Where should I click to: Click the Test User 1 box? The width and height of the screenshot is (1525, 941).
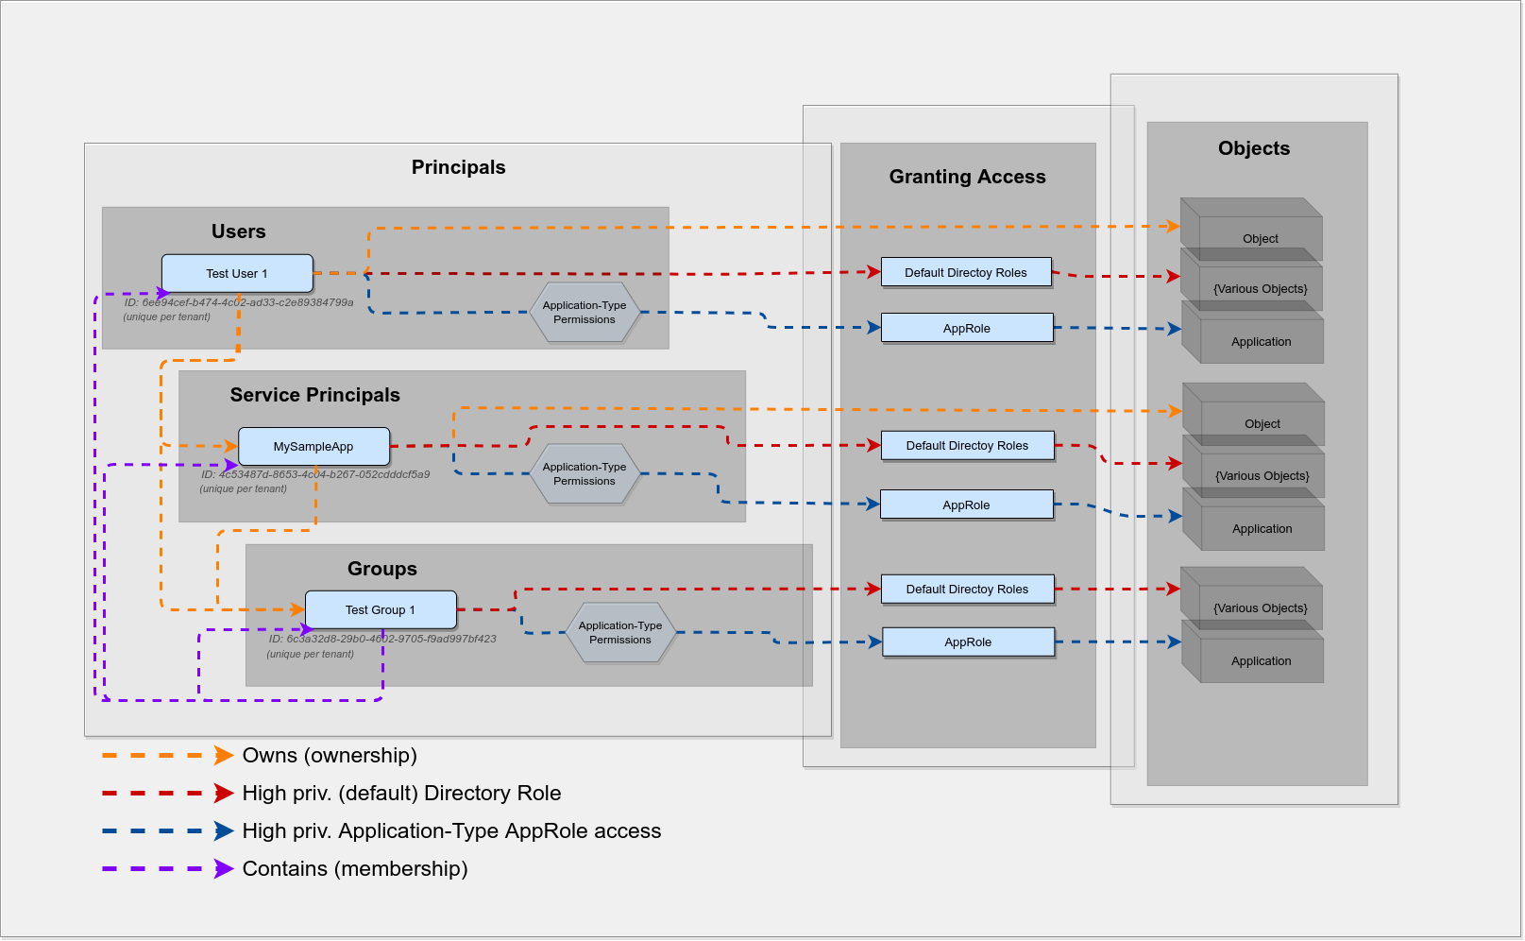237,274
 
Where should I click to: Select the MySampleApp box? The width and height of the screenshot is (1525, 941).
313,447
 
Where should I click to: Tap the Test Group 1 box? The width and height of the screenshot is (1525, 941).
381,610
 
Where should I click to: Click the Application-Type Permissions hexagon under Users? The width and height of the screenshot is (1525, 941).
584,313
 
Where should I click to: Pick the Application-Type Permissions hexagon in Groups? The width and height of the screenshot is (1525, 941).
619,633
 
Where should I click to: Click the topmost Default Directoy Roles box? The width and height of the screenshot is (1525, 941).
966,273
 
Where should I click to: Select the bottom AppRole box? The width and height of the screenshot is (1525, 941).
968,642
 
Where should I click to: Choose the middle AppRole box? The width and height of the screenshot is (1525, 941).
966,505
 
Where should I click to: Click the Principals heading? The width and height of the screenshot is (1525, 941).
458,167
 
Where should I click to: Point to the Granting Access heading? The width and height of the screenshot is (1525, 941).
967,177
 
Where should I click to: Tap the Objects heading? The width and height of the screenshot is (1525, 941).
1253,148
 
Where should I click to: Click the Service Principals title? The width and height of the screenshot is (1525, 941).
314,395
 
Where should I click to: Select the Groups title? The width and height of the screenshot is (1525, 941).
381,569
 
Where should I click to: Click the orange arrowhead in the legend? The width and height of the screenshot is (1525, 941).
224,756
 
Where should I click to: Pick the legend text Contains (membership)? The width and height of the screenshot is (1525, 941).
355,869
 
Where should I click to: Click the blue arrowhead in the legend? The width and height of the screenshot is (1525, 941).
224,831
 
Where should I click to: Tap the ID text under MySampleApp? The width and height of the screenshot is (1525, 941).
314,475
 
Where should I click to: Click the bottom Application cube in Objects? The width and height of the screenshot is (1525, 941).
1261,660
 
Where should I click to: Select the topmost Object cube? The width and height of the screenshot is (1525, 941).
1260,238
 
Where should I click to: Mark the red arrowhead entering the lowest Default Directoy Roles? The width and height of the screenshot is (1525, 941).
873,590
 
